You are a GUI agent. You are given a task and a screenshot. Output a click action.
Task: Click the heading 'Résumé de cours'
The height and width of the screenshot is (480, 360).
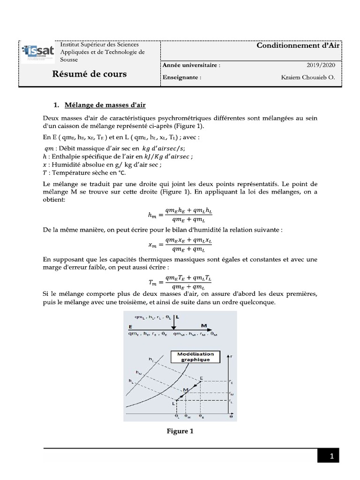click(89, 75)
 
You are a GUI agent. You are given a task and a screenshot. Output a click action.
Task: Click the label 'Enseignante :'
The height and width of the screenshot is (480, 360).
click(182, 77)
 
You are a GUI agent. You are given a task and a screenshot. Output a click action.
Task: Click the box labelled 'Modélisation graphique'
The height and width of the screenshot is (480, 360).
click(196, 357)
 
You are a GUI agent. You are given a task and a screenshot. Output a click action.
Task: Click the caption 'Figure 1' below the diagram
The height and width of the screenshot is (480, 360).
click(180, 431)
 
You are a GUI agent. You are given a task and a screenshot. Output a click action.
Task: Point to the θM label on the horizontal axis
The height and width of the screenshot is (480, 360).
click(187, 416)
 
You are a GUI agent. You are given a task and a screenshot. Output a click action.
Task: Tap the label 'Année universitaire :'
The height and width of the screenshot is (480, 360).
click(191, 65)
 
